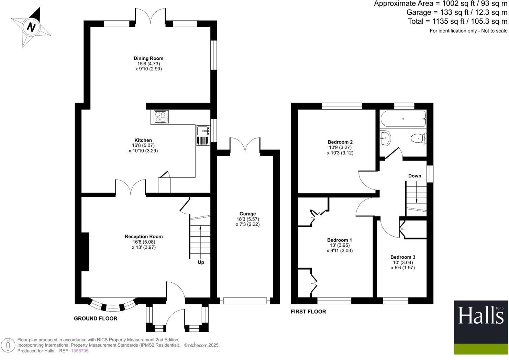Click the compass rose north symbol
pos(31,26)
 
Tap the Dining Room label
pos(148,58)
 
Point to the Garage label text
pos(247,214)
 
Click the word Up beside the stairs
pos(201,262)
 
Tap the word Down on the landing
pos(414,176)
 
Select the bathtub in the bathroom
pos(403,119)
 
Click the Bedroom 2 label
pos(340,142)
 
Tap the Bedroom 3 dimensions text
pos(403,265)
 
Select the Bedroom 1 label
pos(340,240)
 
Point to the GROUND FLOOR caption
pos(96,319)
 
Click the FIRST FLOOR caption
pos(308,312)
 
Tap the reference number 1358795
pos(79,351)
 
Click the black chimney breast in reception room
pos(85,252)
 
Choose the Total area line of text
pos(457,21)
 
